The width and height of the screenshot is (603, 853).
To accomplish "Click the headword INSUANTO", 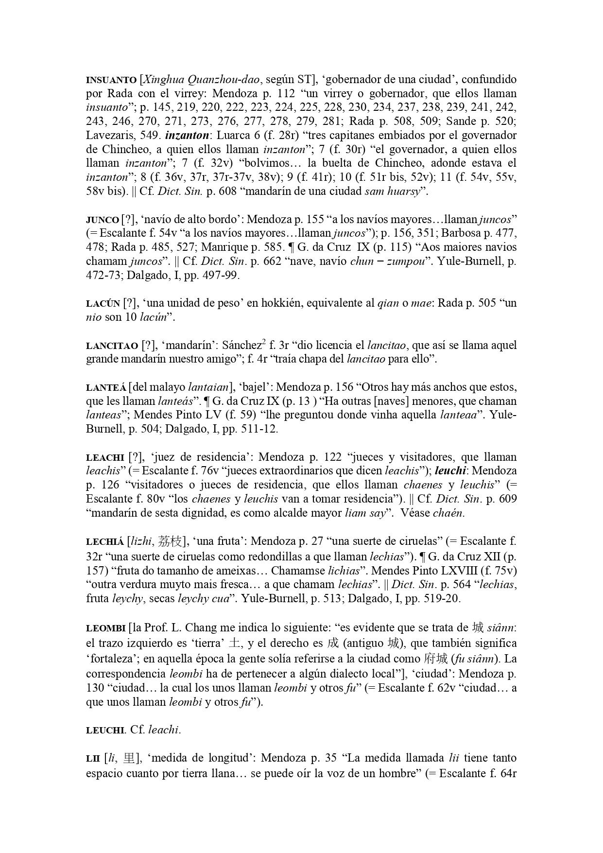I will click(x=111, y=80).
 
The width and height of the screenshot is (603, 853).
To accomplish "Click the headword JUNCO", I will click(x=102, y=220).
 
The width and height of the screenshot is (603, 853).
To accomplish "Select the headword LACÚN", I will click(x=103, y=304).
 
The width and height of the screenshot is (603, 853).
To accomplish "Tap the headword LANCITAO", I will click(x=112, y=346).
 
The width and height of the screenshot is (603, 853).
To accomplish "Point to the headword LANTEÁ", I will click(x=106, y=388).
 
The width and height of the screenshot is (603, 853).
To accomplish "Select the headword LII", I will click(x=93, y=758).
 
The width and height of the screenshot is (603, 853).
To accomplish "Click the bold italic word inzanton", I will click(x=188, y=135).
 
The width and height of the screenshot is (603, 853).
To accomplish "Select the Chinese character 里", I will click(x=130, y=758).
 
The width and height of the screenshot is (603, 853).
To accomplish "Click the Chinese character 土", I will click(x=235, y=643).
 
